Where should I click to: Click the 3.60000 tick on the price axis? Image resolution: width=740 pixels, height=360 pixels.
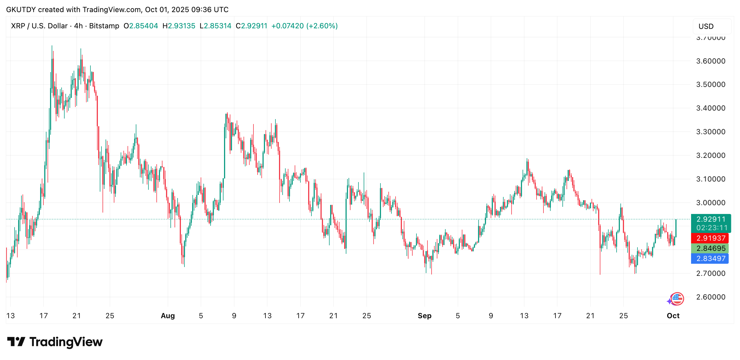coord(710,61)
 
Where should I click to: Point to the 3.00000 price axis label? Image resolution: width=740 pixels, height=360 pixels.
coord(710,203)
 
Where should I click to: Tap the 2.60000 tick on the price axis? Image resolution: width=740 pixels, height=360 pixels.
coord(710,297)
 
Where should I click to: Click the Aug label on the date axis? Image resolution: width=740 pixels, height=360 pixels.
coord(168,316)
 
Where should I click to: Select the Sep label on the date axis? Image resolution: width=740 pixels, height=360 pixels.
coord(424,316)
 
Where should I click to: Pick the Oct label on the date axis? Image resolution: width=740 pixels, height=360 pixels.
coord(673,316)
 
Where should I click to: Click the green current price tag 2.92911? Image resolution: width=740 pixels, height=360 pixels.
coord(711,219)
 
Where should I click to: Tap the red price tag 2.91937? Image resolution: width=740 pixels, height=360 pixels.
coord(711,238)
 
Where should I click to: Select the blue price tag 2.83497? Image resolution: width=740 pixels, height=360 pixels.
coord(711,259)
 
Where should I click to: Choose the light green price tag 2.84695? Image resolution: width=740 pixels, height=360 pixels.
coord(711,248)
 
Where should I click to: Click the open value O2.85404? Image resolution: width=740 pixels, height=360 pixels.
coord(141,26)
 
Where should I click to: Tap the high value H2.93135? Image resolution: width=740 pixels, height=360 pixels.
coord(179,26)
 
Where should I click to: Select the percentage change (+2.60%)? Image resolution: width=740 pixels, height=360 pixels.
coord(322,26)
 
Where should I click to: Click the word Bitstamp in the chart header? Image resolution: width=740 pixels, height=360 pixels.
coord(104,26)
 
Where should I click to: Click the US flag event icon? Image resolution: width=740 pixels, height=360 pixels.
coord(677,299)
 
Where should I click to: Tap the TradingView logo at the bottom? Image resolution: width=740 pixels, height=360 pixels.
coord(55,342)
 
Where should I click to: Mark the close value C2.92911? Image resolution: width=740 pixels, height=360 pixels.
coord(251,26)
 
